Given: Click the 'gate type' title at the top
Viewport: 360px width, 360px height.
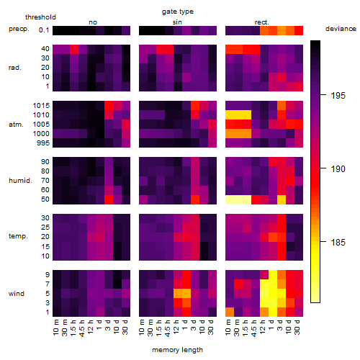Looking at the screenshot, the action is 178,12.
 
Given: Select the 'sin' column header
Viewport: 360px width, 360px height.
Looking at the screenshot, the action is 177,22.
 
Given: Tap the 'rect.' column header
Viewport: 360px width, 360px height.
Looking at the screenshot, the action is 262,22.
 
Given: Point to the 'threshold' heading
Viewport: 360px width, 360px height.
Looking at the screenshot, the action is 40,17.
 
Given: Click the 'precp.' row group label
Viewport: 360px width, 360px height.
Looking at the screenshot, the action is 19,29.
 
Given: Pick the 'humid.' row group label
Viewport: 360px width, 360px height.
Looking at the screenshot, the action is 20,180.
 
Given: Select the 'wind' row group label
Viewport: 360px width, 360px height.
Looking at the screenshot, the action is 17,294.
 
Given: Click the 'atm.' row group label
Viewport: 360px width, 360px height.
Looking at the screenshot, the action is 16,125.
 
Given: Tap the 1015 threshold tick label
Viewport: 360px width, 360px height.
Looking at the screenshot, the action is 41,106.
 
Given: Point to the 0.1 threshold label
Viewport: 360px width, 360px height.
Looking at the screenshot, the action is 44,30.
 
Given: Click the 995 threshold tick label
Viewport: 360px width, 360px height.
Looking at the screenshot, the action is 43,143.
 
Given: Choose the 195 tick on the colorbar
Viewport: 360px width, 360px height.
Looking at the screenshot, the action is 338,96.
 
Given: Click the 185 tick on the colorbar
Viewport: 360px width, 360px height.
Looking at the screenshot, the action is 338,243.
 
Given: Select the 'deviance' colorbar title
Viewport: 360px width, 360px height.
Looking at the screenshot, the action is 341,29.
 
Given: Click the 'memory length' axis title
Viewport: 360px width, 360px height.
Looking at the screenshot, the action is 177,350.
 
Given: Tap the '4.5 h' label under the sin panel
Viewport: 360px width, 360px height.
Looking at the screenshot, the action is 168,328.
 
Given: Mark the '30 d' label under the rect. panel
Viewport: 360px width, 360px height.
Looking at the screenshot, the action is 297,327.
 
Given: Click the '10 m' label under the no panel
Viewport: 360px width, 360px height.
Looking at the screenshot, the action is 55,328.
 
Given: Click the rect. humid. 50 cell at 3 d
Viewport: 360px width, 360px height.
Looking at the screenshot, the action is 282,199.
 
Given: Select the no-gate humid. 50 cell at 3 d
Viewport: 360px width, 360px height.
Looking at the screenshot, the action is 109,199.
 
